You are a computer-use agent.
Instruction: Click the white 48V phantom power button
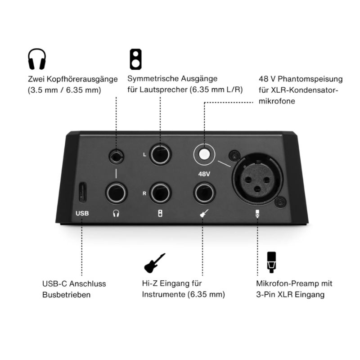click(x=204, y=154)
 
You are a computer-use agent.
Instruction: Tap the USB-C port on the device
click(x=82, y=193)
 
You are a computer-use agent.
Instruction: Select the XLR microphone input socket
click(x=257, y=179)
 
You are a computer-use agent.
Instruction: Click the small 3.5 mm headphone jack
click(x=116, y=156)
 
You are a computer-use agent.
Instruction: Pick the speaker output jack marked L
click(x=160, y=154)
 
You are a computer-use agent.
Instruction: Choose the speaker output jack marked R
click(x=160, y=193)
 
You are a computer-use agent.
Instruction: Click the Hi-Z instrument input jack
click(x=204, y=193)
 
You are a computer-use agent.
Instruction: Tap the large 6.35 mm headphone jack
click(x=116, y=193)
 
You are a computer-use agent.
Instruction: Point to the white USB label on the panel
click(x=82, y=213)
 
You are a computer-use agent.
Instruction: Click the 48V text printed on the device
click(x=204, y=174)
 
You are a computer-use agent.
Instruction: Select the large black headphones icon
click(x=37, y=59)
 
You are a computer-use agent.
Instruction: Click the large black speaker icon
click(x=136, y=59)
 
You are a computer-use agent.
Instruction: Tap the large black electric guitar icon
click(x=154, y=263)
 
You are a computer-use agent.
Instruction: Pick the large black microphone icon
click(x=271, y=262)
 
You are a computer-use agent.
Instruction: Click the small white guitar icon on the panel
click(x=204, y=213)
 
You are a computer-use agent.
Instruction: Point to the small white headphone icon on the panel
click(x=116, y=213)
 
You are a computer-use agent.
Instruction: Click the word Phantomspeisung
click(x=310, y=79)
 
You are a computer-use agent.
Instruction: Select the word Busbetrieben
click(x=66, y=295)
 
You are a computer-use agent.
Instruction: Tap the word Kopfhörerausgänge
click(x=83, y=79)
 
